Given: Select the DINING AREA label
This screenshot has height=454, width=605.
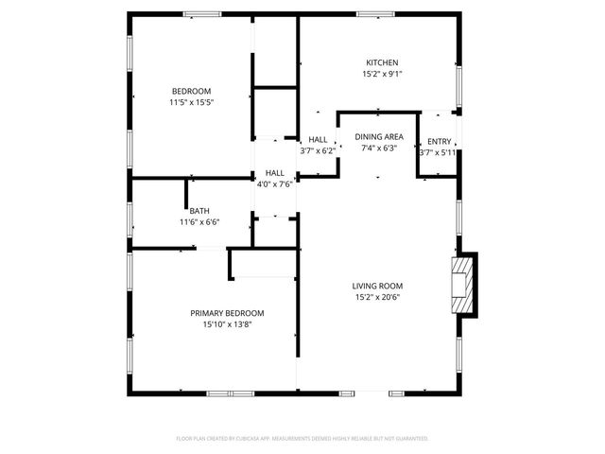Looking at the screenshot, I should click(379, 136).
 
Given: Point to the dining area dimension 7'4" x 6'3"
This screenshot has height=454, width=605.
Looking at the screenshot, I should click(379, 148).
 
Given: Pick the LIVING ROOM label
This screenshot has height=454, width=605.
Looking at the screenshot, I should click(377, 286).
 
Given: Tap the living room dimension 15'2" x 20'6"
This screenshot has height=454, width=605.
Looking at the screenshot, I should click(377, 297).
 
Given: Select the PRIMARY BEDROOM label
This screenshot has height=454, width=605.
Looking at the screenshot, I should click(227, 313).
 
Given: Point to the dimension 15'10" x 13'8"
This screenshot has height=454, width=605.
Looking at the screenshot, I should click(227, 324).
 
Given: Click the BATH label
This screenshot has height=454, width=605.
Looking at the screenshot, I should click(199, 211).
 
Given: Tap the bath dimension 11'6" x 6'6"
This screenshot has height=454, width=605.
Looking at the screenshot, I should click(199, 222).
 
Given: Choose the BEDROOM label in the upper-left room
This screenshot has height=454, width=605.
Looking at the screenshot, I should click(192, 91).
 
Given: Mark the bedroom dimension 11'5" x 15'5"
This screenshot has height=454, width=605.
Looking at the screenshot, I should click(192, 102).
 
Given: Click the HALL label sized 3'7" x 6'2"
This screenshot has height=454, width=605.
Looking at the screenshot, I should click(318, 140).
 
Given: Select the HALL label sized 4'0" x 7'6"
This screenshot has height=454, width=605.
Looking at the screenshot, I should click(275, 173).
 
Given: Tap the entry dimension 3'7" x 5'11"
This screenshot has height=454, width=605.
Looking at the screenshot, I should click(438, 151).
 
